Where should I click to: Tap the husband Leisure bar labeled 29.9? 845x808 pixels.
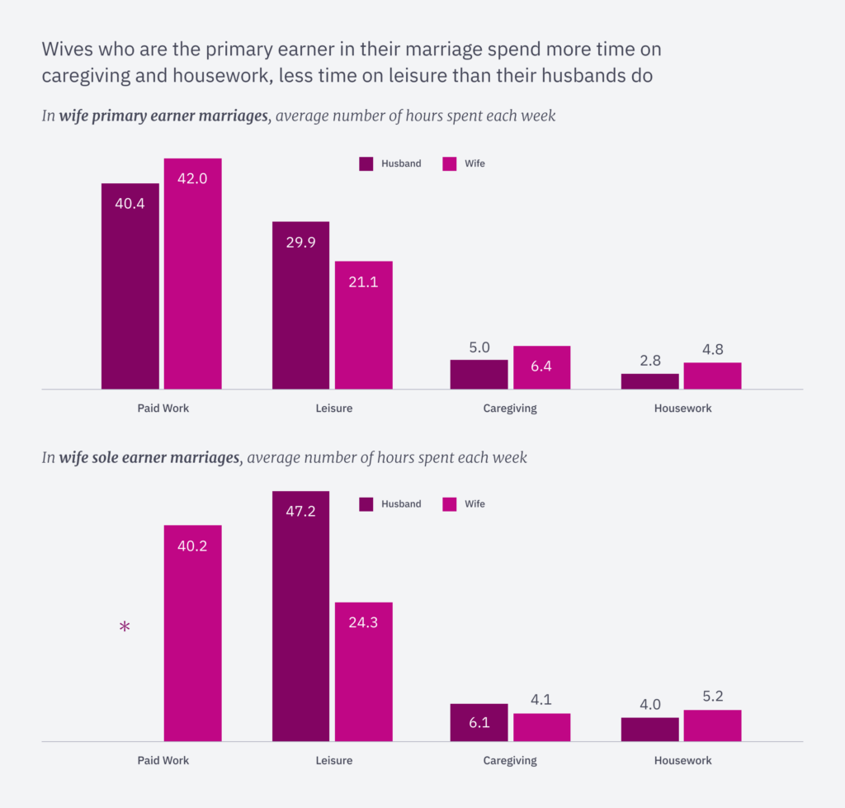(x=300, y=305)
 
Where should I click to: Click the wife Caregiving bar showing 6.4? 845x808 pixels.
(x=541, y=367)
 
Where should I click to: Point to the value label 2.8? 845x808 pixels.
(x=649, y=360)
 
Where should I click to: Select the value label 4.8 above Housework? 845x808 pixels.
(x=712, y=349)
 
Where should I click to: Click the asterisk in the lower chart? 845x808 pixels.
(x=125, y=628)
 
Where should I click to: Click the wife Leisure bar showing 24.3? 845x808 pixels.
(x=363, y=672)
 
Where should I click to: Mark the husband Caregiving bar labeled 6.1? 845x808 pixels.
(x=479, y=722)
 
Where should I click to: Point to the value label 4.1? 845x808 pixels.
(x=541, y=699)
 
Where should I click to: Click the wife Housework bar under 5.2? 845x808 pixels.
(x=712, y=725)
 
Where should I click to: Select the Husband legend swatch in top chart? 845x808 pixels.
(x=366, y=163)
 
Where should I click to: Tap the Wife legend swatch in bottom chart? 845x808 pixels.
(x=450, y=504)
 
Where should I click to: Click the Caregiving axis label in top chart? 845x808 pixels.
(x=509, y=409)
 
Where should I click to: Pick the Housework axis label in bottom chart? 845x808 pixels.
(x=682, y=760)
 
